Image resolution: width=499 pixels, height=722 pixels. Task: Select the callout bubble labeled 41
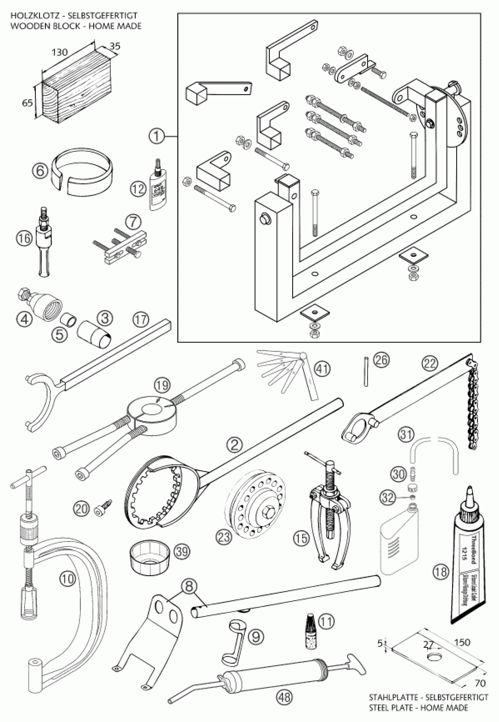(x=322, y=369)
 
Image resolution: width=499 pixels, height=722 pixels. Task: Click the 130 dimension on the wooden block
(x=59, y=52)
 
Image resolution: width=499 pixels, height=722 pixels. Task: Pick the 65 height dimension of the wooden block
(x=28, y=102)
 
